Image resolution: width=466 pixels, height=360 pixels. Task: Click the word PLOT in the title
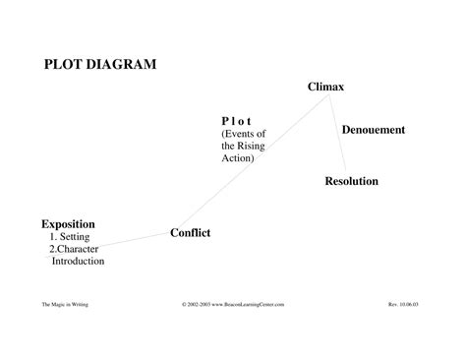click(x=65, y=65)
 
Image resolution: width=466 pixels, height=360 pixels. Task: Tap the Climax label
click(x=325, y=88)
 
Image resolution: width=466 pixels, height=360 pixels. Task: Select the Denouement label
click(x=374, y=130)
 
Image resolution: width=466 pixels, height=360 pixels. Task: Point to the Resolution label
click(x=351, y=181)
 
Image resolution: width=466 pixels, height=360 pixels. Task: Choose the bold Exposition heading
click(x=68, y=224)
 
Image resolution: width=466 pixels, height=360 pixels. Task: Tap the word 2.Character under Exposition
click(x=74, y=249)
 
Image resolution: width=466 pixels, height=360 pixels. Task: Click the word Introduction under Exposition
click(x=78, y=261)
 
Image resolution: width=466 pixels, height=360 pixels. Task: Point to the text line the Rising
click(x=244, y=145)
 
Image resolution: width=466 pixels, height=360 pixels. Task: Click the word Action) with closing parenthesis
click(x=238, y=157)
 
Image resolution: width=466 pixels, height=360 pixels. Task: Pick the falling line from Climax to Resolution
click(x=338, y=133)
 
